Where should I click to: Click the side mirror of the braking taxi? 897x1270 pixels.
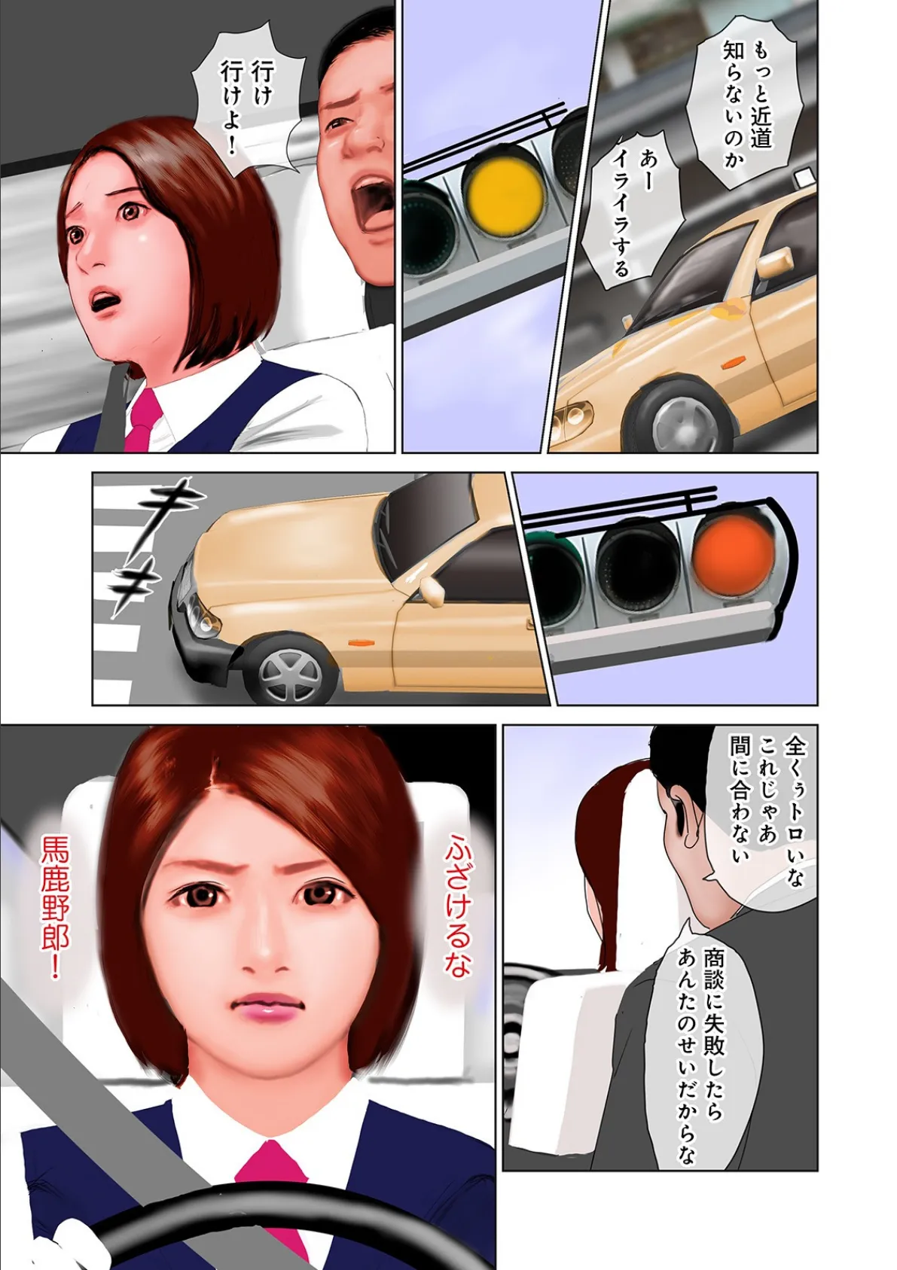[x=432, y=590]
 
